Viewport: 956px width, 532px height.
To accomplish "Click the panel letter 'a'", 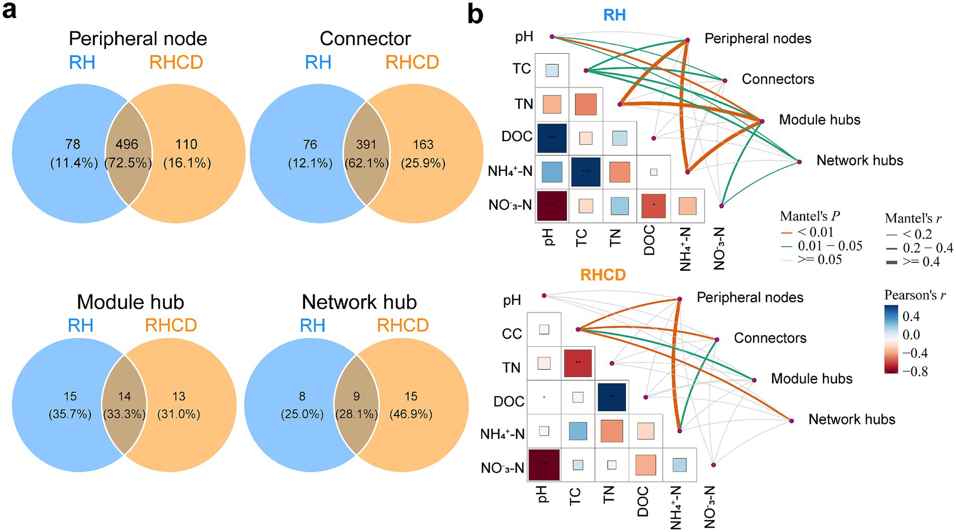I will pyautogui.click(x=10, y=11).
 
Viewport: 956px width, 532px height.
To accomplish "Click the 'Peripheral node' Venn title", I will pyautogui.click(x=138, y=39).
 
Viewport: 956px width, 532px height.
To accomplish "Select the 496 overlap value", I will pyautogui.click(x=127, y=145).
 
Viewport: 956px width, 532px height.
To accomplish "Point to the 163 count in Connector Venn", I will pyautogui.click(x=423, y=145).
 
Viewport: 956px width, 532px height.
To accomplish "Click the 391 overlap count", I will pyautogui.click(x=366, y=145).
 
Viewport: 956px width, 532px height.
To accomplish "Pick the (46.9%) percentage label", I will pyautogui.click(x=411, y=414).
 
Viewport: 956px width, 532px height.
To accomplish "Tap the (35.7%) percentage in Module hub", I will pyautogui.click(x=70, y=414).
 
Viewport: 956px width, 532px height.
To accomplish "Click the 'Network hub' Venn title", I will pyautogui.click(x=359, y=302).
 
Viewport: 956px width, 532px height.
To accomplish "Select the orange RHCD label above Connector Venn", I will pyautogui.click(x=412, y=62).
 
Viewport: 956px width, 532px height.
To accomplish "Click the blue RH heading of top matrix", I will pyautogui.click(x=614, y=15).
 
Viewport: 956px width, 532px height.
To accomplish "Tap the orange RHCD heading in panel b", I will pyautogui.click(x=603, y=275).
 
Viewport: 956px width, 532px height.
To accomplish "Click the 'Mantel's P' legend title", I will pyautogui.click(x=810, y=216).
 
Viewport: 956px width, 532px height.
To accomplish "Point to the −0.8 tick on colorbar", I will pyautogui.click(x=915, y=372).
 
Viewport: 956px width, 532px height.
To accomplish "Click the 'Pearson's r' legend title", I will pyautogui.click(x=915, y=295).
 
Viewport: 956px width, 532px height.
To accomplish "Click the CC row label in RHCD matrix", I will pyautogui.click(x=512, y=334).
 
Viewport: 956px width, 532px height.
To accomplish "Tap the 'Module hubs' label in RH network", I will pyautogui.click(x=819, y=120).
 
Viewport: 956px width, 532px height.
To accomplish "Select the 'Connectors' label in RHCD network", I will pyautogui.click(x=770, y=338).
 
